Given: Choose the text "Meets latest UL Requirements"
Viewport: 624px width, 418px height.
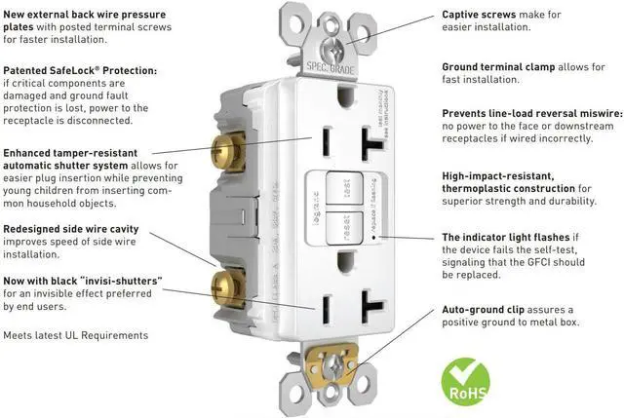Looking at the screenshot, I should [x=76, y=335].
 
